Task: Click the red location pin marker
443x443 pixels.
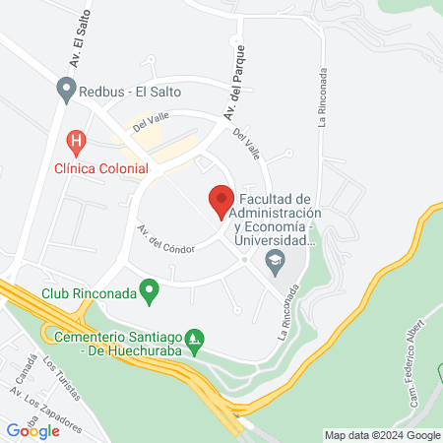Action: click(220, 202)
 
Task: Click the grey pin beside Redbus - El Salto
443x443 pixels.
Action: click(66, 91)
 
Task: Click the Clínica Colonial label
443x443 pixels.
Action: click(100, 168)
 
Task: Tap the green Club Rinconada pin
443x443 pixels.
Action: click(149, 291)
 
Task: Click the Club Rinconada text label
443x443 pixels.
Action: click(89, 292)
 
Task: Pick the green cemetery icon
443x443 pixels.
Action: click(196, 341)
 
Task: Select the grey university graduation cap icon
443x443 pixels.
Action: click(275, 262)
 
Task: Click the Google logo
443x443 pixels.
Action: click(33, 429)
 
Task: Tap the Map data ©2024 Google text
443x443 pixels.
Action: click(383, 435)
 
